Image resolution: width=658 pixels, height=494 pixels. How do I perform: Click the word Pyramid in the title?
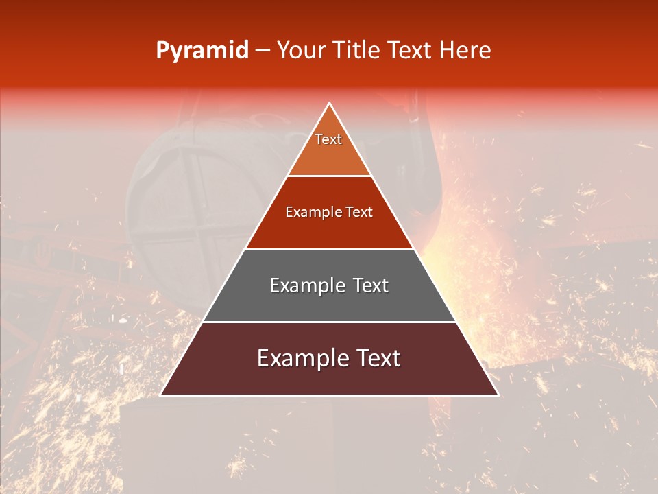click(x=202, y=51)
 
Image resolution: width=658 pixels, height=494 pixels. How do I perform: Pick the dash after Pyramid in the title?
click(x=263, y=51)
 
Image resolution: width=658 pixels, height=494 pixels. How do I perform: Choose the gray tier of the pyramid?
click(x=329, y=302)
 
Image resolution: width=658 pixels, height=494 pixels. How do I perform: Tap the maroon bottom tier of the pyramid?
click(x=329, y=377)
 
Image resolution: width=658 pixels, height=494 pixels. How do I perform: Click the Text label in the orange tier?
click(x=328, y=139)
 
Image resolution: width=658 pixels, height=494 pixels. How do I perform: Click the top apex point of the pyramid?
click(x=329, y=104)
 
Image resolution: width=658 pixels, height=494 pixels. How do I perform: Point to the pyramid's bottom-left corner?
click(x=161, y=395)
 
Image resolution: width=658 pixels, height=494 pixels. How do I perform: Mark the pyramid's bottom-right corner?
click(x=498, y=395)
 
